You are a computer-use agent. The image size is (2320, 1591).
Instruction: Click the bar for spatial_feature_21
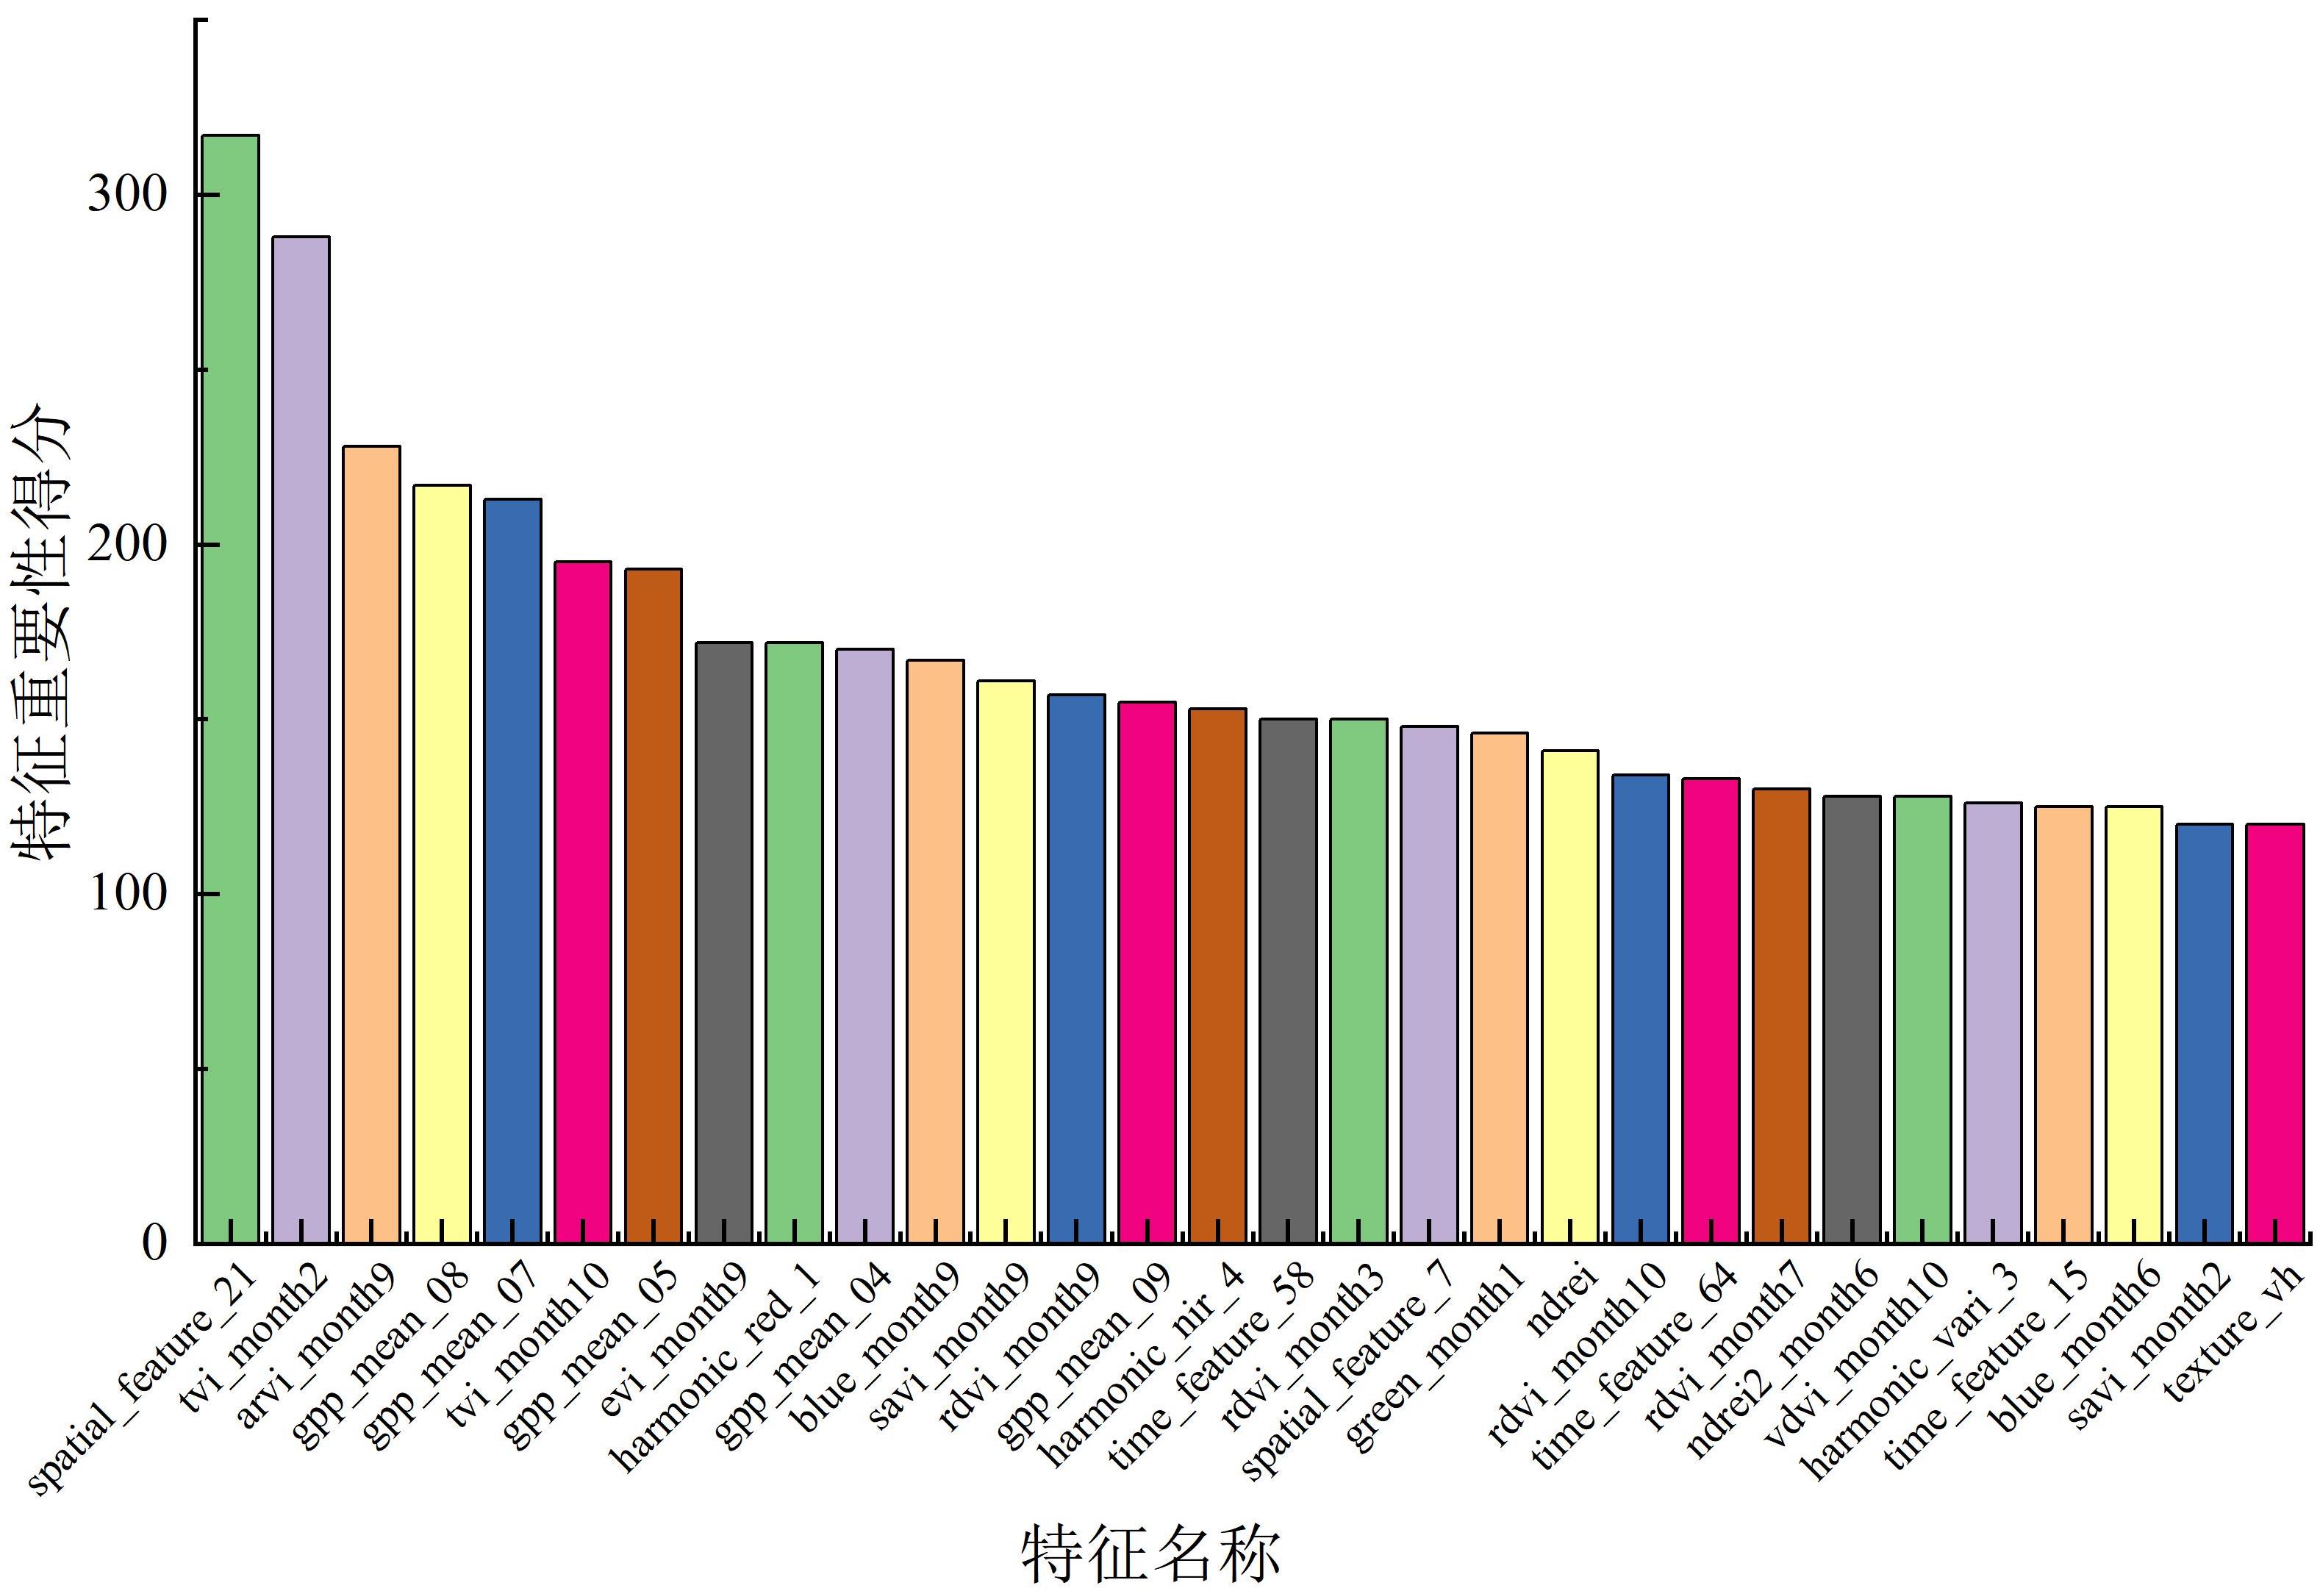click(231, 689)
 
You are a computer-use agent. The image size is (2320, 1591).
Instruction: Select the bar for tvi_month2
click(301, 740)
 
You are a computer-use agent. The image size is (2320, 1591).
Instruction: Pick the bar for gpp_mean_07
click(512, 870)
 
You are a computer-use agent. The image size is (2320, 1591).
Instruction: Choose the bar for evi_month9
click(724, 943)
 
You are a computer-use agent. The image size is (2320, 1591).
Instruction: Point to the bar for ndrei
click(1569, 996)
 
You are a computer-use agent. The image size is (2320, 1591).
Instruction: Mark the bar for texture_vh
click(2275, 1033)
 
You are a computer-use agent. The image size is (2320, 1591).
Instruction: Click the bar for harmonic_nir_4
click(1217, 975)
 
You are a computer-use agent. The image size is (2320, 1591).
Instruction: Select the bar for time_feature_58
click(1288, 980)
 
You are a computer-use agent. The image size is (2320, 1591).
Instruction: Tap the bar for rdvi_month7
click(1781, 1015)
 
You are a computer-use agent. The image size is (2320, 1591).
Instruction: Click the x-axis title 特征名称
click(1150, 1553)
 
